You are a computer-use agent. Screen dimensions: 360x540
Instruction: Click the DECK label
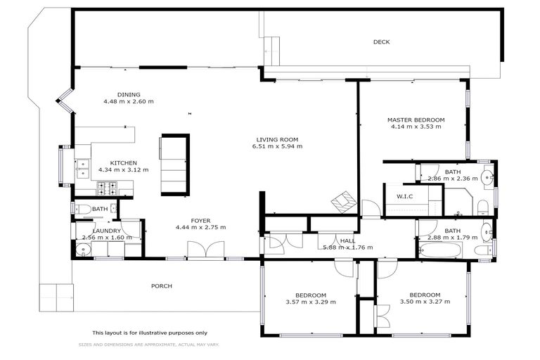point(381,42)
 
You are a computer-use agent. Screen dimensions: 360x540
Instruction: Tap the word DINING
point(129,94)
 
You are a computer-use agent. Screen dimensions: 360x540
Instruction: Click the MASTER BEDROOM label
point(416,120)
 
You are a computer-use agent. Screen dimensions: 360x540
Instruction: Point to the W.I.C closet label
point(404,196)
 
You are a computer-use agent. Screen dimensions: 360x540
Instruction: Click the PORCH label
point(162,286)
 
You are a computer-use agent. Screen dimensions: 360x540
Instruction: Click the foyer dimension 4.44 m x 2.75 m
point(200,228)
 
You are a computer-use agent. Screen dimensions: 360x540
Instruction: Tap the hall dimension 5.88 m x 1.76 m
point(347,247)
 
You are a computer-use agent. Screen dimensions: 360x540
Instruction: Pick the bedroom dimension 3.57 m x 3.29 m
point(311,302)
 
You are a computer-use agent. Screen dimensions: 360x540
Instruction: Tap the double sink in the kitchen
point(82,167)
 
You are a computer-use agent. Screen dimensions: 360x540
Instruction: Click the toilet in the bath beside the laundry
point(82,209)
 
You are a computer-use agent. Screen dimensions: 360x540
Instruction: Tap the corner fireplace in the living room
point(345,202)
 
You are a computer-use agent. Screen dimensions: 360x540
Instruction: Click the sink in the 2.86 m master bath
point(487,176)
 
